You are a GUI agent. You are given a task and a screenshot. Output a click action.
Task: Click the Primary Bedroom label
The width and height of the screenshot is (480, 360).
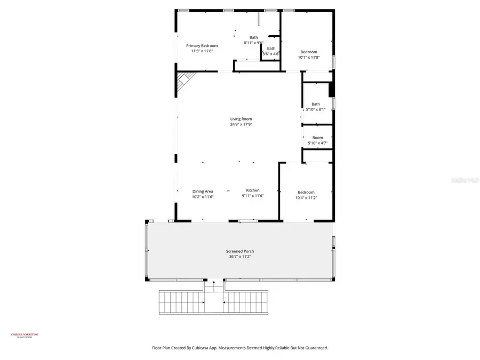pos(202,46)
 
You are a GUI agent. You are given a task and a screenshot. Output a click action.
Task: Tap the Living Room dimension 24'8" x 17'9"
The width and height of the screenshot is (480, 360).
pos(241,124)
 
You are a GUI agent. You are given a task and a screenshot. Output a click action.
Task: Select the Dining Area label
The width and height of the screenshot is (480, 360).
pos(203,191)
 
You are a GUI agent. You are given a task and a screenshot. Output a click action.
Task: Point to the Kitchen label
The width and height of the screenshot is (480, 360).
pos(253,190)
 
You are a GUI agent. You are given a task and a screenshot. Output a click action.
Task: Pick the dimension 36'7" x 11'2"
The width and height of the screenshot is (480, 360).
pos(240,257)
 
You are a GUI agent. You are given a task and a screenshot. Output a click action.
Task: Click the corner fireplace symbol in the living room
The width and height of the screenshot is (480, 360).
pos(184,82)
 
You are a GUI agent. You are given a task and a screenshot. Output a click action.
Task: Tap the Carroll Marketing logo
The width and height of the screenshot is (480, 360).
pos(25,335)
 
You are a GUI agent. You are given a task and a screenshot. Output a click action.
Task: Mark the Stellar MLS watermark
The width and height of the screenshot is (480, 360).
pos(465,180)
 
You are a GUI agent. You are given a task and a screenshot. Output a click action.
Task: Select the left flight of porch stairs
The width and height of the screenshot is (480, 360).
pos(181,303)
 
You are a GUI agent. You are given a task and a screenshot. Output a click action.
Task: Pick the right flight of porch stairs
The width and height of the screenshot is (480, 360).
pos(245,303)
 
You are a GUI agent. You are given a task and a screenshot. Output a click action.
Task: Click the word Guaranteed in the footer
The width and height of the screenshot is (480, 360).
pos(315,348)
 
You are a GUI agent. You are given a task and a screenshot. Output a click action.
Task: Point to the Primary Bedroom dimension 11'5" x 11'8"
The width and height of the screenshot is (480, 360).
pos(202,51)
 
